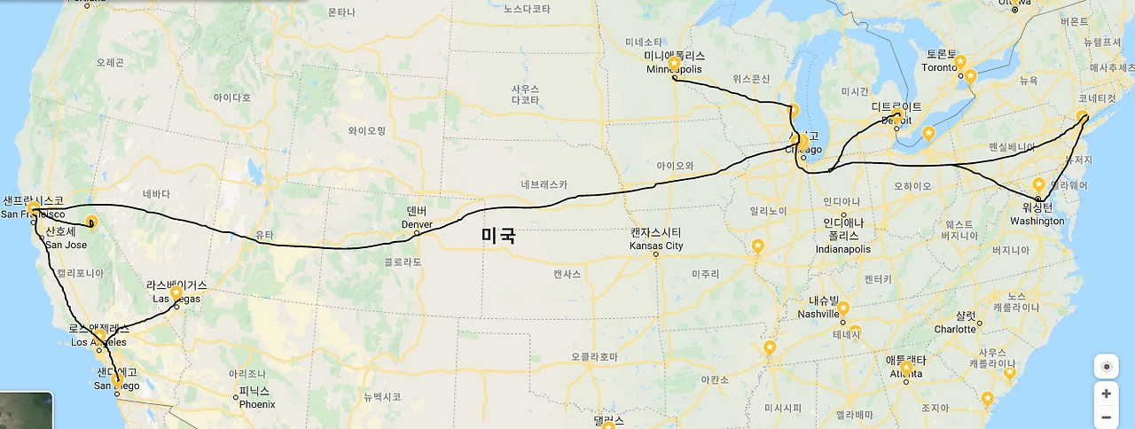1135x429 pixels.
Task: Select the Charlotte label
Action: (954, 329)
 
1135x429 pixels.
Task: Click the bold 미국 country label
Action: (498, 236)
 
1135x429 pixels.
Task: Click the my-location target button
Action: (1106, 366)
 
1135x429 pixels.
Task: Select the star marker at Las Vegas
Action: (176, 292)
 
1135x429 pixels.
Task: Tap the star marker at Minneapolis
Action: (674, 63)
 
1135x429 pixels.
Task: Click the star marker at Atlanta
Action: (906, 367)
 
